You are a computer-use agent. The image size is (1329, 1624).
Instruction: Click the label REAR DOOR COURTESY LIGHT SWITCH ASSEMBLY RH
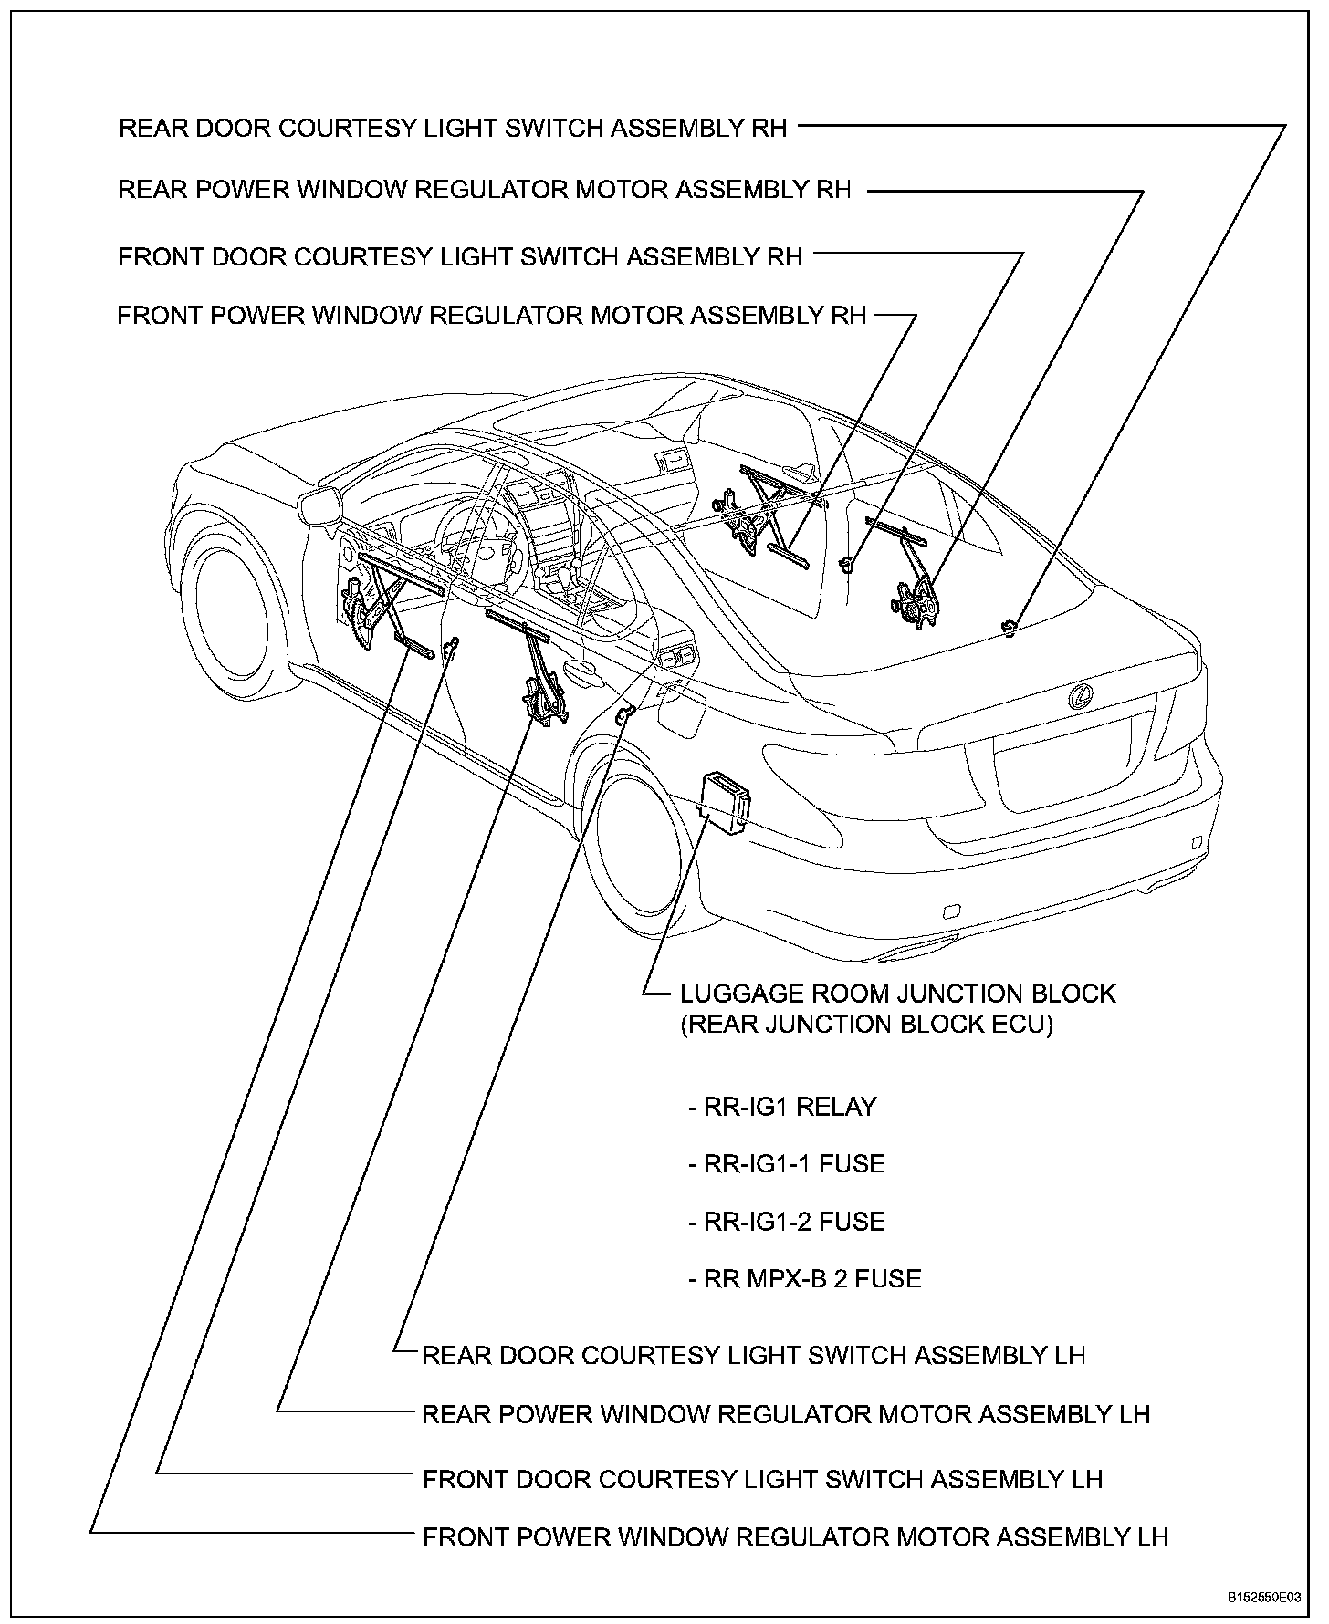point(453,128)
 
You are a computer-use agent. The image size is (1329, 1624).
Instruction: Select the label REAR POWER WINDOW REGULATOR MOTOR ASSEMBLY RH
point(485,190)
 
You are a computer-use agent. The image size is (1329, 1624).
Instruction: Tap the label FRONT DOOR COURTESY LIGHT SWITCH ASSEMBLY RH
point(460,256)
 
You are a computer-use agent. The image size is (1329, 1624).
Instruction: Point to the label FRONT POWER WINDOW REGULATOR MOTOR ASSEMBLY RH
point(492,316)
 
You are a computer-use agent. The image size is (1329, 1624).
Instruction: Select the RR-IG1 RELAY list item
point(782,1107)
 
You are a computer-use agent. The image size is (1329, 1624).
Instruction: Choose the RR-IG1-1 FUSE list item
point(786,1164)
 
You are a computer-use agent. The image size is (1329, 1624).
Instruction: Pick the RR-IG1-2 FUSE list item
point(786,1222)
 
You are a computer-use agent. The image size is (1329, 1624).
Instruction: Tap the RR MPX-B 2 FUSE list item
point(804,1278)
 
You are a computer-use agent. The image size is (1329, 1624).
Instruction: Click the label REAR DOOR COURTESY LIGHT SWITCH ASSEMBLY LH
point(753,1355)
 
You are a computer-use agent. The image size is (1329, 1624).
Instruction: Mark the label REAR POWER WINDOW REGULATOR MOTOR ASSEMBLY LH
point(786,1414)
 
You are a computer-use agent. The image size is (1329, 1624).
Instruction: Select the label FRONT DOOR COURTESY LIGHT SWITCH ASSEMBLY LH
point(762,1479)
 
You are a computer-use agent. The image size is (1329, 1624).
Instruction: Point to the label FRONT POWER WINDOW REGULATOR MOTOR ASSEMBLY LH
point(795,1537)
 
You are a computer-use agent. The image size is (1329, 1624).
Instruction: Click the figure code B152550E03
point(1263,1598)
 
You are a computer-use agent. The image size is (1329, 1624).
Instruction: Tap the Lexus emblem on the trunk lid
point(1082,698)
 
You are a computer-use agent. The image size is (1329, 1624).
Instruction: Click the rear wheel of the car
point(639,853)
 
